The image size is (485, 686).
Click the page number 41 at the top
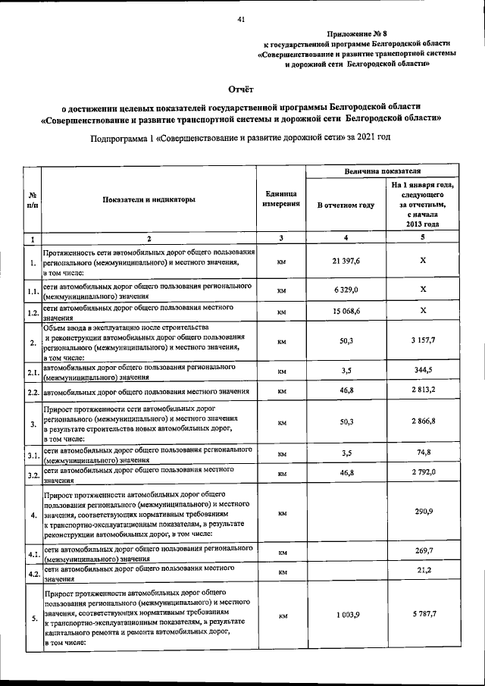click(x=240, y=19)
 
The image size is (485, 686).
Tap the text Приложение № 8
click(x=356, y=34)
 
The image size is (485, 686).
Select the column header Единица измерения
click(x=281, y=199)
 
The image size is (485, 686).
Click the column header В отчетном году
click(x=345, y=205)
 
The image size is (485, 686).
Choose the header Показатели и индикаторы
click(x=149, y=199)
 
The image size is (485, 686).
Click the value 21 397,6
click(x=345, y=262)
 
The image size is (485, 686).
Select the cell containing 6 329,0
click(x=345, y=290)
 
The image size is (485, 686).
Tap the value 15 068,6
click(x=345, y=311)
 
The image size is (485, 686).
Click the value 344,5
click(x=423, y=370)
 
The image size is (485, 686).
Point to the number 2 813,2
click(x=423, y=391)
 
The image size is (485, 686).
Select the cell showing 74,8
click(x=423, y=453)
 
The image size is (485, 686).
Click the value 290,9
click(x=423, y=513)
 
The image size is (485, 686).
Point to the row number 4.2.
click(x=32, y=575)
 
